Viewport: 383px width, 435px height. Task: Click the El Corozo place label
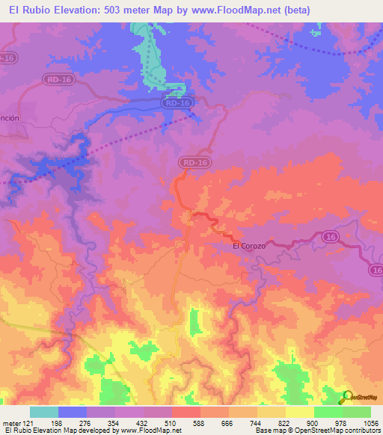(249, 245)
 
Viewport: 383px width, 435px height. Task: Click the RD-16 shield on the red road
(190, 161)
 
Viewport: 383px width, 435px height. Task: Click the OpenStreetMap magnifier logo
(346, 398)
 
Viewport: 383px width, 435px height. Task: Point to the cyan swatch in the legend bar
(43, 412)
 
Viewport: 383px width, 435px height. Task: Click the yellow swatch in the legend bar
(299, 412)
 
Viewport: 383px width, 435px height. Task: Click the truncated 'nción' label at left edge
(8, 119)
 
